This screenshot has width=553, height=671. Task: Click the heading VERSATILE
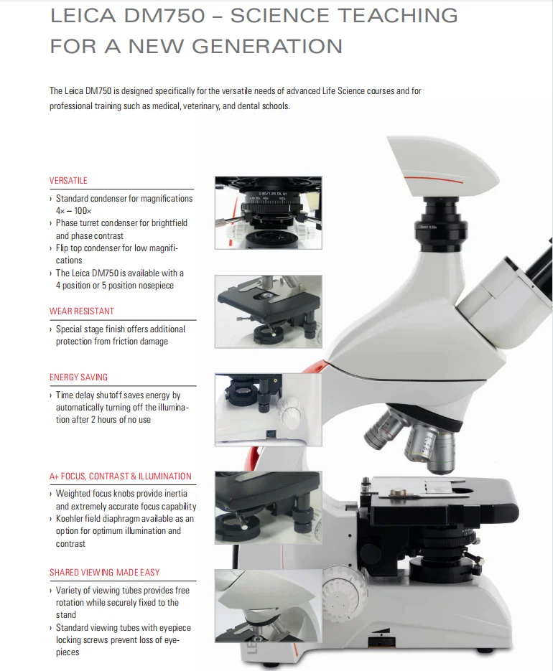click(x=68, y=180)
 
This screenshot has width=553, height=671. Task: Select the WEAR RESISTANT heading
click(x=81, y=311)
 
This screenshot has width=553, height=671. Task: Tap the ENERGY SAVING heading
click(x=78, y=377)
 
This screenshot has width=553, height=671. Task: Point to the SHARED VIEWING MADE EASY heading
click(x=104, y=572)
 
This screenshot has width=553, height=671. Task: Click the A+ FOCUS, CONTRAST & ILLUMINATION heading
click(x=120, y=476)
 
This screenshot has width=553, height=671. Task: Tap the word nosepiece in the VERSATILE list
click(x=153, y=286)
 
